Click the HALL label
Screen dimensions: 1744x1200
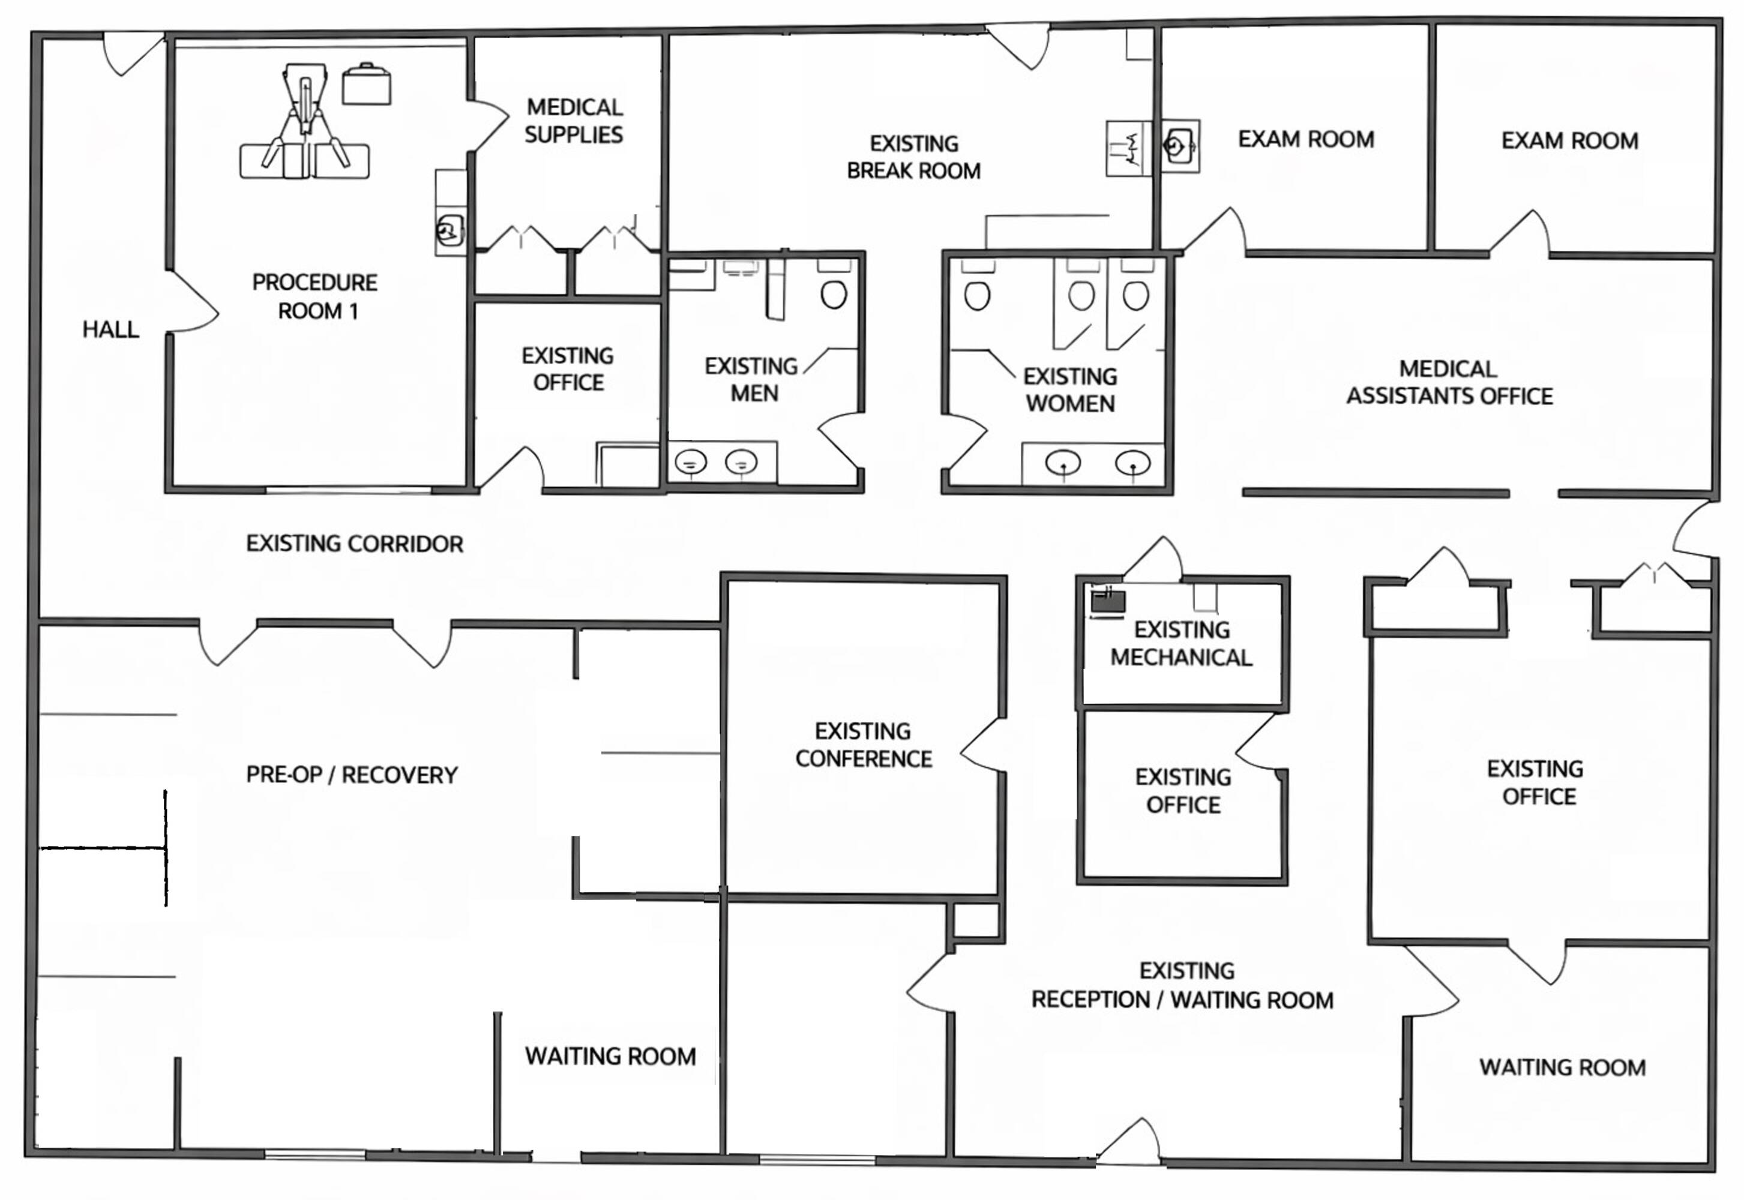click(110, 329)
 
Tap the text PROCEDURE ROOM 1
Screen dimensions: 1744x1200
click(315, 296)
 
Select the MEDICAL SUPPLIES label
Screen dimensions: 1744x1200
click(574, 121)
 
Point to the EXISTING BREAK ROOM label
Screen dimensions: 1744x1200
click(914, 157)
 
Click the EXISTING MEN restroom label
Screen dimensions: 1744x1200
click(751, 380)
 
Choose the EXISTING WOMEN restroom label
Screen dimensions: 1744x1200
click(1070, 390)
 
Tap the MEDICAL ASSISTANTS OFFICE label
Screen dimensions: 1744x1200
click(1449, 383)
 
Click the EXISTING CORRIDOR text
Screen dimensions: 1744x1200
click(354, 544)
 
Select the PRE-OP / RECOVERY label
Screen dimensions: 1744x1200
click(352, 775)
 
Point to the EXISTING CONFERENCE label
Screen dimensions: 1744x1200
click(864, 745)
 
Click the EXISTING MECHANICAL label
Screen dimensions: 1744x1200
click(1182, 644)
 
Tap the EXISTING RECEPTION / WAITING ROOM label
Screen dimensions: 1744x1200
click(1182, 986)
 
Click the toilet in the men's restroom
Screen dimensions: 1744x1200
click(833, 295)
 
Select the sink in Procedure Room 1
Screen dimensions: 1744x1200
click(449, 229)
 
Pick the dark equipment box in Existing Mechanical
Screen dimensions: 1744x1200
click(1108, 601)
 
